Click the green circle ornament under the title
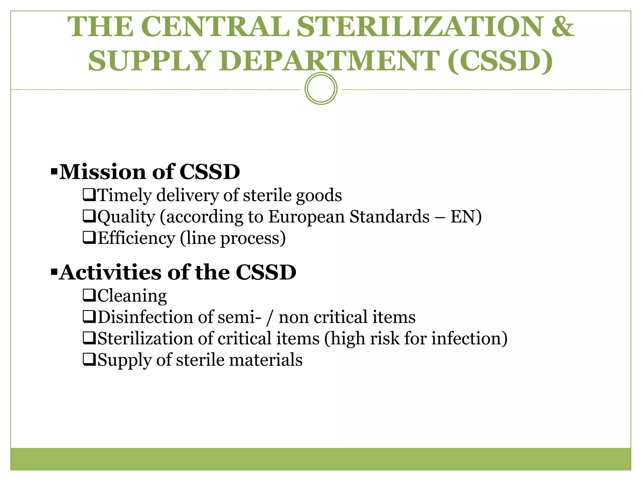coord(321,89)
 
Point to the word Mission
coord(103,172)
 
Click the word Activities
coord(110,272)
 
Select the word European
coord(306,217)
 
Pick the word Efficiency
coord(136,238)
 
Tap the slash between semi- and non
coord(269,318)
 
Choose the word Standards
coord(389,217)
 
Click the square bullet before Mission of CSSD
coord(54,172)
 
